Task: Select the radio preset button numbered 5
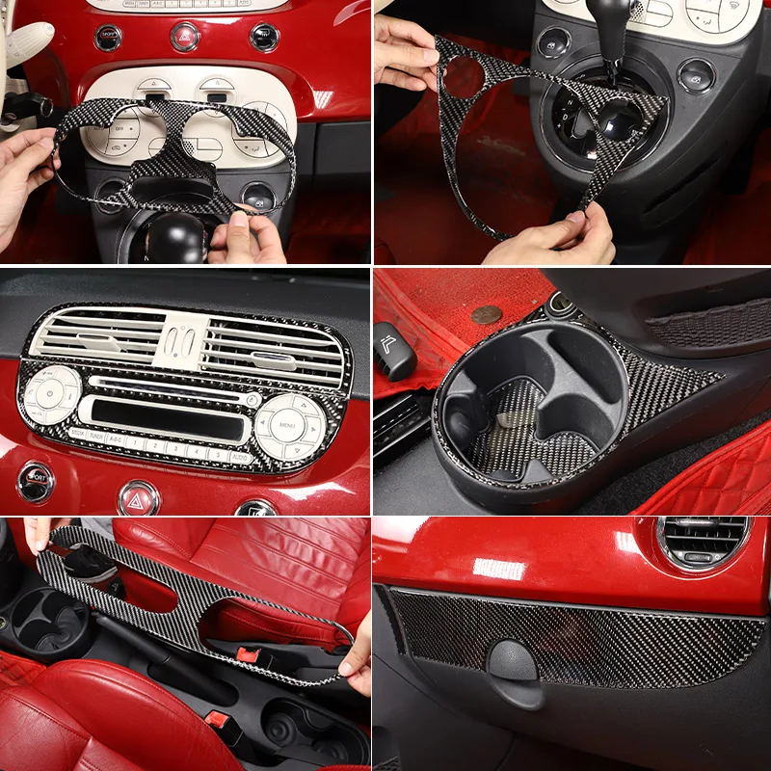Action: tap(216, 454)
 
